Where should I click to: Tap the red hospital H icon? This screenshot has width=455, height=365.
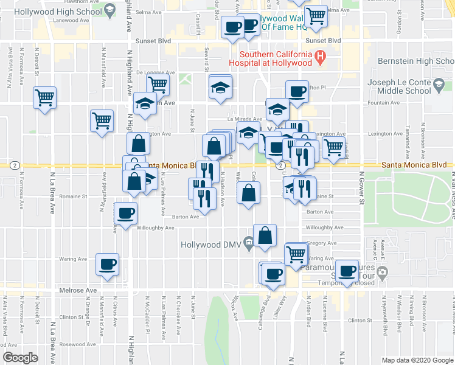tap(321, 58)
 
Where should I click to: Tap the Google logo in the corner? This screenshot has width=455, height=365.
tap(21, 357)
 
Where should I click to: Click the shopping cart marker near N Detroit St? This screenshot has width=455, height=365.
tap(44, 97)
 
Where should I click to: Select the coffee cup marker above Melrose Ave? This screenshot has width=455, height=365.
tap(108, 265)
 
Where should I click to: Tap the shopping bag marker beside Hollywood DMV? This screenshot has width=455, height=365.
tap(265, 235)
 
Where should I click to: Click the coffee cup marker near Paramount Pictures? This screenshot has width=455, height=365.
tap(347, 271)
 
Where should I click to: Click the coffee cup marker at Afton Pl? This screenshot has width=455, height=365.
tap(296, 92)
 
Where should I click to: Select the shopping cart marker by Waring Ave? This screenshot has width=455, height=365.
tap(296, 253)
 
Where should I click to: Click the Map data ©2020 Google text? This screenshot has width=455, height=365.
tap(417, 360)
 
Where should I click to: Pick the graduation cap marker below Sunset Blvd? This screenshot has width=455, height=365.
tap(220, 86)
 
